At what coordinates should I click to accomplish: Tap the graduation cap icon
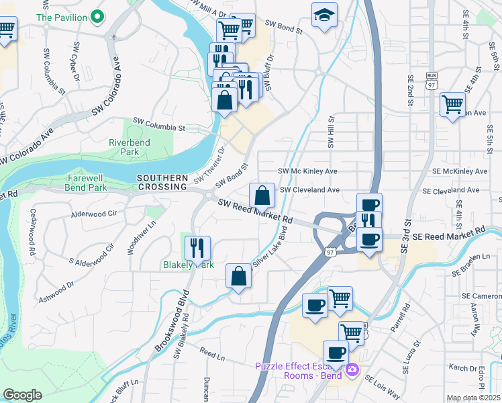tap(324, 15)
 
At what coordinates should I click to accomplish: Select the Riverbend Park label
tap(124, 147)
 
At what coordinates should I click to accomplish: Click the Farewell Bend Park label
tap(87, 183)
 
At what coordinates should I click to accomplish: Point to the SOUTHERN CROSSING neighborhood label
tap(162, 182)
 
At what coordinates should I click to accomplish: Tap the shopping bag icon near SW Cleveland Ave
tap(262, 195)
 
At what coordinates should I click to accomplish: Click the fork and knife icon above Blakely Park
tap(197, 248)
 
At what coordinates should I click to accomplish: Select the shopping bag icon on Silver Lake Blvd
tap(238, 275)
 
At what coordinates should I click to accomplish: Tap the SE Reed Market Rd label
tap(448, 234)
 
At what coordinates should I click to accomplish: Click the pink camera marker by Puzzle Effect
tap(352, 368)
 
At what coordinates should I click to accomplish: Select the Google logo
tap(22, 395)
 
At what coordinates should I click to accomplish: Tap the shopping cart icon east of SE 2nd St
tap(453, 105)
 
